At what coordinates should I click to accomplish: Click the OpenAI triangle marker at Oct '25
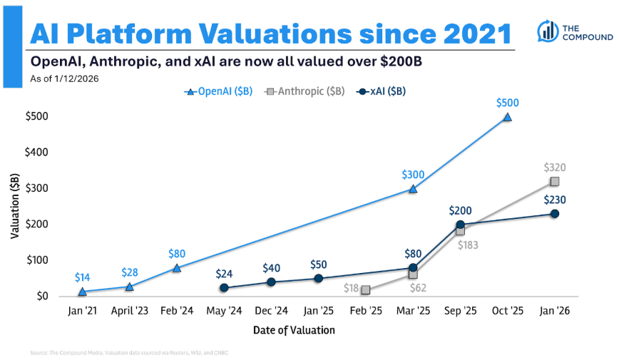[507, 117]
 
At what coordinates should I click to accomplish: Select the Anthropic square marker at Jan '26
[554, 181]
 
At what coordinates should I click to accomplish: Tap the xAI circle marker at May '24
[224, 288]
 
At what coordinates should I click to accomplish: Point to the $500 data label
[507, 103]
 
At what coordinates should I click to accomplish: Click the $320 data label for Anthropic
[555, 167]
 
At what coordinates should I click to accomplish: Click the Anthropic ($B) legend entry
[305, 91]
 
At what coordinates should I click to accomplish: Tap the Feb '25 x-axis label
[366, 311]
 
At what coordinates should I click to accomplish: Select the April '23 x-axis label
[130, 311]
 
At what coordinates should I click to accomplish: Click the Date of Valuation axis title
[294, 330]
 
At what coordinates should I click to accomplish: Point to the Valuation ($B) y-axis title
[15, 207]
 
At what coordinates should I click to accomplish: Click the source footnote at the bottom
[128, 353]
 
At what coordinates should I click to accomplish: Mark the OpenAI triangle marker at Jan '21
[82, 291]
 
